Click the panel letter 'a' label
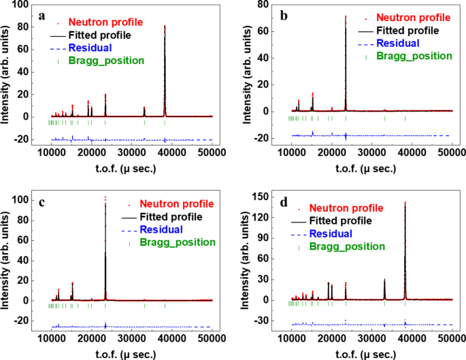[x=42, y=15]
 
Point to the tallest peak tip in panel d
[x=405, y=202]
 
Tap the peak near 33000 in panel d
[x=384, y=280]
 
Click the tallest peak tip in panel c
[x=105, y=198]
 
